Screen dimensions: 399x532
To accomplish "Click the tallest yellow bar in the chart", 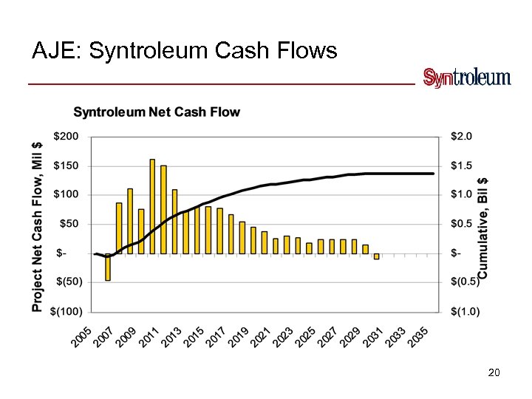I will click(x=152, y=206).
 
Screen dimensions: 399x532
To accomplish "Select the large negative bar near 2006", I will click(x=108, y=267).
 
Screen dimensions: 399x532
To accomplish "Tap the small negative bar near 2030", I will click(x=376, y=256).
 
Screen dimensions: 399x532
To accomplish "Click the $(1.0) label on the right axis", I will click(x=465, y=311).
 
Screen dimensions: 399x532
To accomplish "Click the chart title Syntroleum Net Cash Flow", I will click(x=157, y=112).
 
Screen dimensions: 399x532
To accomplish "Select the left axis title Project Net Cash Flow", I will click(x=38, y=225).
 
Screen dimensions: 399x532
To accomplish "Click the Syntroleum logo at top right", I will click(x=466, y=78).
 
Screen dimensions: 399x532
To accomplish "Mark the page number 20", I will click(x=494, y=373).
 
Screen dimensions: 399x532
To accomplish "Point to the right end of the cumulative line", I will click(x=433, y=174).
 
